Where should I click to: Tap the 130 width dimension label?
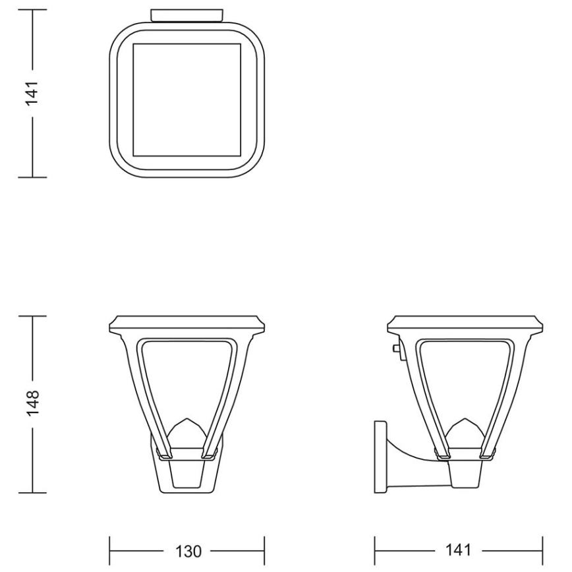(186, 550)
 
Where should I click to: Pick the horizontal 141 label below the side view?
(459, 550)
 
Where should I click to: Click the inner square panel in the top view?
(186, 100)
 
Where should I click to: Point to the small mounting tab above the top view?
(186, 14)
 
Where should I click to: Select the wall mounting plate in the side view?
(380, 457)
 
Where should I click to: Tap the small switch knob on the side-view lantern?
(395, 347)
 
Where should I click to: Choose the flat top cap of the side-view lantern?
(467, 323)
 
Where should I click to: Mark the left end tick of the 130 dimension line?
(109, 550)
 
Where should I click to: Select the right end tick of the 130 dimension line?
(264, 550)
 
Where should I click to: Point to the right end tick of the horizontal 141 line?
(542, 550)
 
